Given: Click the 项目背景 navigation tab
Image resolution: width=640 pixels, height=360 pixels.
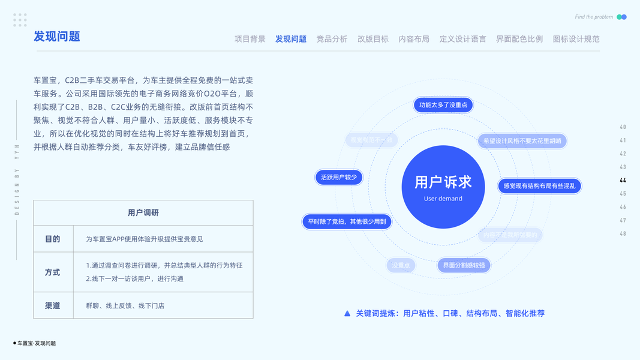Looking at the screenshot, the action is pos(250,39).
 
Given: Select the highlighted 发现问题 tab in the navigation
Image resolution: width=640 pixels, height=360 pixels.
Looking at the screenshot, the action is pos(291,39).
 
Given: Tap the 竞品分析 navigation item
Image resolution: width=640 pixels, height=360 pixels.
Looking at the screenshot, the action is pos(332,39).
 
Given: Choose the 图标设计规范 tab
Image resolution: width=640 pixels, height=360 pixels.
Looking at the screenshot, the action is pos(576,39).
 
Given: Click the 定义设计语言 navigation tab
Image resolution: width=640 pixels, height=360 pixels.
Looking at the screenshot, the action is pos(462,39).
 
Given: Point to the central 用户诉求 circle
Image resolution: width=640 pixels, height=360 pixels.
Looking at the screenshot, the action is pos(443,187).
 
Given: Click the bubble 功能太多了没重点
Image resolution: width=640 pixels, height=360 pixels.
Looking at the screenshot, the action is pos(443,105).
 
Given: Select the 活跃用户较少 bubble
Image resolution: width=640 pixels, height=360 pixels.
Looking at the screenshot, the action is pos(339,177).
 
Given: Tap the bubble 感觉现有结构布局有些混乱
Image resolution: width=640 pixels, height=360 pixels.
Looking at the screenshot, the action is pos(539,186).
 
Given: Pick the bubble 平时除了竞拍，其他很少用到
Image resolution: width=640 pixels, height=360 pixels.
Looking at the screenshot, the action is pos(347,221).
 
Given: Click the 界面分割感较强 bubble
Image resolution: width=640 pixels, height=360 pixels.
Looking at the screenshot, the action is pos(464,265).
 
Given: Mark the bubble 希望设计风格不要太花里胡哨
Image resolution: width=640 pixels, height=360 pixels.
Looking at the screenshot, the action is pos(522,141).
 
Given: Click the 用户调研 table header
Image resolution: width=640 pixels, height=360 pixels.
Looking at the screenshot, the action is pos(143,213).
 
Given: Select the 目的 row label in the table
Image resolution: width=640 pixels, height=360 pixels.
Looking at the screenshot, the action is pos(53,239).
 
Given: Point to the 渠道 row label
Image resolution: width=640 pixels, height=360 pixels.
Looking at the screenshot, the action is pos(53,305).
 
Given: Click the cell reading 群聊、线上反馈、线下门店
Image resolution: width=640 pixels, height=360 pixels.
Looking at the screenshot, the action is pos(125,306).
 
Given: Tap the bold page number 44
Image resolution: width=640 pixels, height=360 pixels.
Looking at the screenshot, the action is pos(623,181).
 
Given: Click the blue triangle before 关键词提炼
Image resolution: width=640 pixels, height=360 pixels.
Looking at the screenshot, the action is pos(347,313).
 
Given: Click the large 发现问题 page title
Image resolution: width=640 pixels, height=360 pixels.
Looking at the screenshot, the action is pos(57,37).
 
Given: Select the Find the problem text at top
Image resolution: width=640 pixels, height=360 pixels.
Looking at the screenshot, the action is pos(594,17).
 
